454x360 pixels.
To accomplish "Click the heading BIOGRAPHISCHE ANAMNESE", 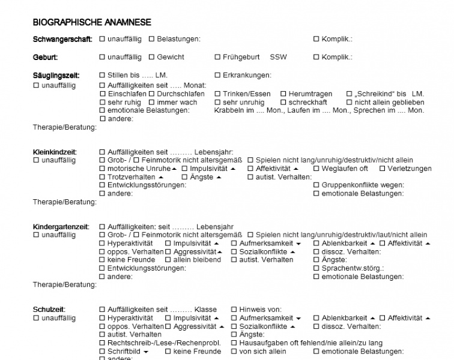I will click(92, 23).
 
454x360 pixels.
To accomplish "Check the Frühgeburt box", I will click(217, 58).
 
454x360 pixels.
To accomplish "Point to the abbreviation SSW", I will click(278, 58).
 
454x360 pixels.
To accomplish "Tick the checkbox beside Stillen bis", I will click(102, 76).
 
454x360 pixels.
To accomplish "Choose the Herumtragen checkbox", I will click(283, 94).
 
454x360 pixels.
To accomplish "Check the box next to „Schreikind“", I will click(349, 94).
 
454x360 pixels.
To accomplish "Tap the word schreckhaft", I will click(307, 103).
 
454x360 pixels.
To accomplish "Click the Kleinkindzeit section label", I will click(55, 152).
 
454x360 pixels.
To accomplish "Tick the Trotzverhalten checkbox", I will click(102, 178).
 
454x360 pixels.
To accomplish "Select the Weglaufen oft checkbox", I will click(316, 169).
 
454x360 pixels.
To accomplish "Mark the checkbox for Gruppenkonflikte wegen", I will click(316, 185).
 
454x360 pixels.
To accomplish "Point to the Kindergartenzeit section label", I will click(61, 227).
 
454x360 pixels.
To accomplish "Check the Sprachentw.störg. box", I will click(316, 269).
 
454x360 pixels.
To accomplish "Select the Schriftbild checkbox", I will click(102, 352).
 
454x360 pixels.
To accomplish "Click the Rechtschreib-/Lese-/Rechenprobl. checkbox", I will click(102, 343).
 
